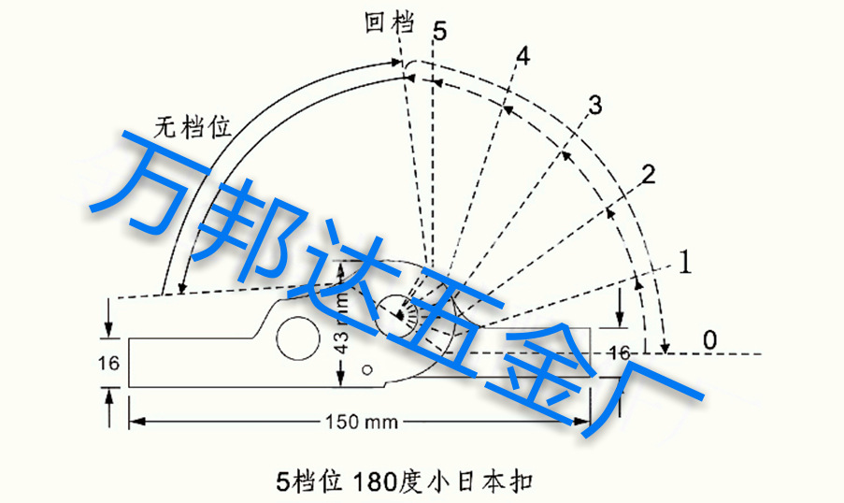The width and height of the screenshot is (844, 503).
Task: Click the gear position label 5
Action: point(440,32)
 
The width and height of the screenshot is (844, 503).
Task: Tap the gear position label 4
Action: point(522,57)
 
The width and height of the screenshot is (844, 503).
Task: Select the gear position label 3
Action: point(594,106)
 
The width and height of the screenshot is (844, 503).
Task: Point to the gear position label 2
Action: point(648,172)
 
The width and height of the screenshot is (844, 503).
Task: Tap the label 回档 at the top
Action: point(389,23)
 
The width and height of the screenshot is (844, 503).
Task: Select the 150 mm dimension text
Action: point(361,422)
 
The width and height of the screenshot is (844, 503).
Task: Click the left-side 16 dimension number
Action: point(109,362)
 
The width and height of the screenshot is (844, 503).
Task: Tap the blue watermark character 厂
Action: point(645,393)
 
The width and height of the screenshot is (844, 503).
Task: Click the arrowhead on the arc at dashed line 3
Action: point(564,152)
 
